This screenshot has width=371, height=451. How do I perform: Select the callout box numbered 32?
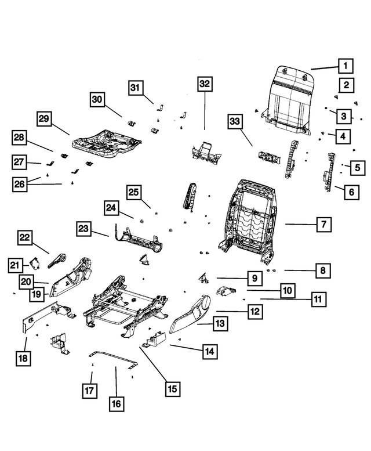(204, 84)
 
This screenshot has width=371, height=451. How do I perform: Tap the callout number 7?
(323, 223)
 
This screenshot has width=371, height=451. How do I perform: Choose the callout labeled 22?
(24, 237)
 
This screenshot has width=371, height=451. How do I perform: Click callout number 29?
(44, 119)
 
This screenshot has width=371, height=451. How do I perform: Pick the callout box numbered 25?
(134, 192)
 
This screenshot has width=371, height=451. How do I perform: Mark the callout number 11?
(317, 300)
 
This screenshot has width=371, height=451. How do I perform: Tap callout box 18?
(22, 358)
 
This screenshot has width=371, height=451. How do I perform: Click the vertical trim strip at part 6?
(331, 171)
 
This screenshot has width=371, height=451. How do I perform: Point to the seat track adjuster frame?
(122, 302)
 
